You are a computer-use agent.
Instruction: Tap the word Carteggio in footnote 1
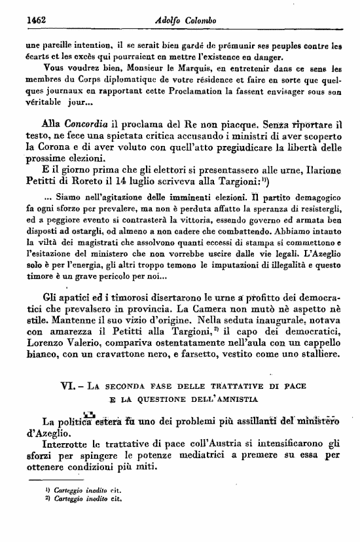(60, 489)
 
